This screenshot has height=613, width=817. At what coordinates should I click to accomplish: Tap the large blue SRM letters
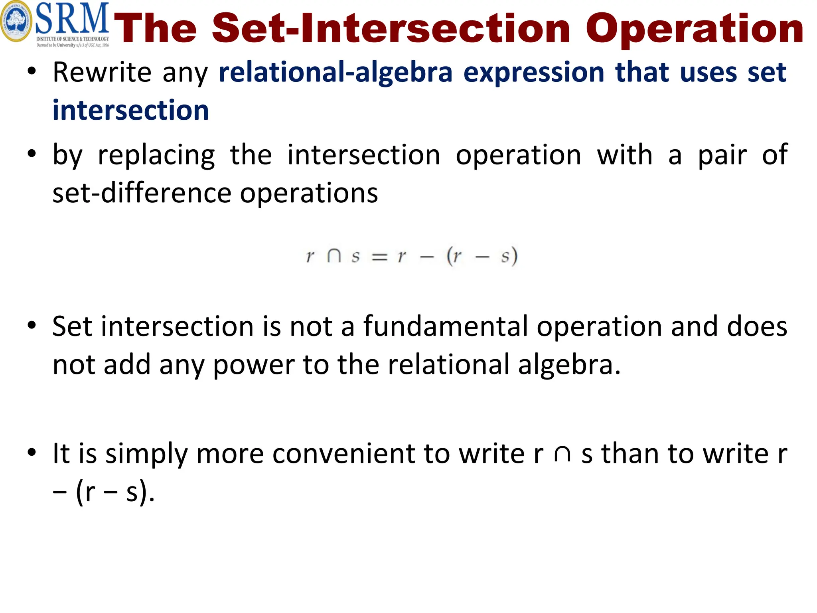72,19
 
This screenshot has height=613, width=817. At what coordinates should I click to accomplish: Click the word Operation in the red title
694,29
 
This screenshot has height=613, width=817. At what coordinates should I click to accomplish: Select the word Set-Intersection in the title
391,29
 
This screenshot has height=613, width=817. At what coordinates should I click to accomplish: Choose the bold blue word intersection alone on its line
130,110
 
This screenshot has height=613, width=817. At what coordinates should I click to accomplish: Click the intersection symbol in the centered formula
334,256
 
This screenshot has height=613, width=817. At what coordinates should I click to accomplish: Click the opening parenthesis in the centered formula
450,256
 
